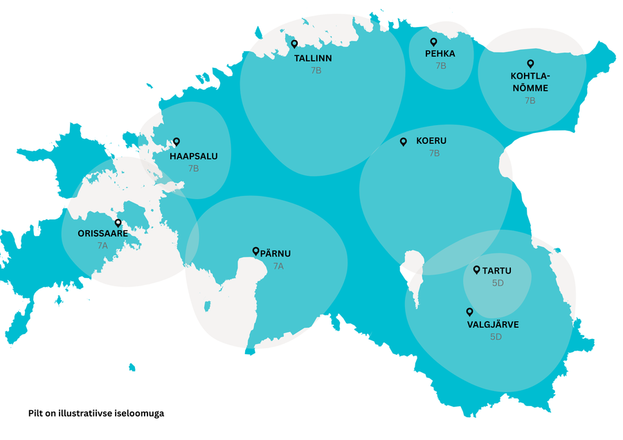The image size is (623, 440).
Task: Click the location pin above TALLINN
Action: pyautogui.click(x=294, y=44)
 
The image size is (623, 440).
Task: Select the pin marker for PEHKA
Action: pyautogui.click(x=434, y=42)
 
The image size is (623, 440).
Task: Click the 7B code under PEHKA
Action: pyautogui.click(x=441, y=66)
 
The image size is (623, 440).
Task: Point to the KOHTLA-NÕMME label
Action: pyautogui.click(x=530, y=82)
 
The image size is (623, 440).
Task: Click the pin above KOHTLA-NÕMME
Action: pyautogui.click(x=531, y=64)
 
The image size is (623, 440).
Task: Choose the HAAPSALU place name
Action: pyautogui.click(x=194, y=156)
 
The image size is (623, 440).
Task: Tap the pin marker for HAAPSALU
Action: pyautogui.click(x=176, y=141)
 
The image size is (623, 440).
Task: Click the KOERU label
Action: pyautogui.click(x=431, y=141)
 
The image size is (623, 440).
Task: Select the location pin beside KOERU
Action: pyautogui.click(x=404, y=142)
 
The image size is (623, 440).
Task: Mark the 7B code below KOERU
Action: pyautogui.click(x=434, y=154)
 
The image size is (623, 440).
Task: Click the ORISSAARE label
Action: pyautogui.click(x=102, y=234)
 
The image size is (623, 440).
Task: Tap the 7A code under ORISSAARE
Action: pyautogui.click(x=102, y=246)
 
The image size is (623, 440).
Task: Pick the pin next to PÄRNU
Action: pyautogui.click(x=255, y=252)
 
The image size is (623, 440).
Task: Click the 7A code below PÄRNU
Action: pyautogui.click(x=278, y=266)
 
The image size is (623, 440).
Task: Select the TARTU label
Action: pyautogui.click(x=497, y=271)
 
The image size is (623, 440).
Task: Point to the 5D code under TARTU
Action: pyautogui.click(x=497, y=283)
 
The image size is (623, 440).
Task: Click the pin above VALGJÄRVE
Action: pyautogui.click(x=469, y=312)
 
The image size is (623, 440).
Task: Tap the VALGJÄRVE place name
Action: pyautogui.click(x=493, y=324)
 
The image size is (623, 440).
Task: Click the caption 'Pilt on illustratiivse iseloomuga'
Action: pyautogui.click(x=96, y=413)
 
